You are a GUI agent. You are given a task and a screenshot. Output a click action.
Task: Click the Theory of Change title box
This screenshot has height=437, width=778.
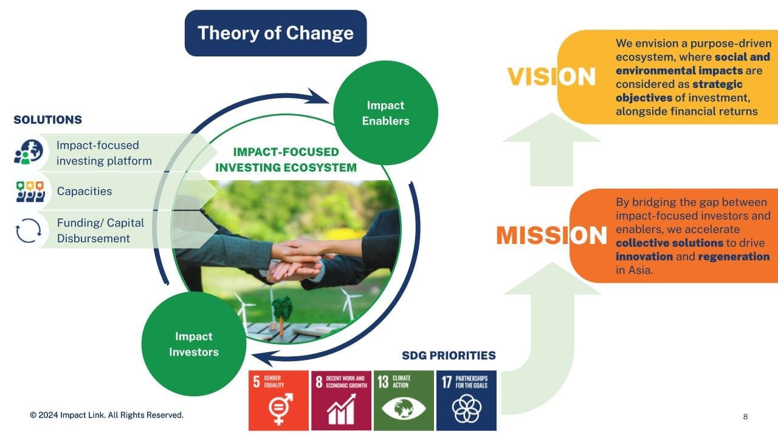point(275,33)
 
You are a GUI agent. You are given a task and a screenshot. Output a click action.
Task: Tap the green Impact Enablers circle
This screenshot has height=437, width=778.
point(385,113)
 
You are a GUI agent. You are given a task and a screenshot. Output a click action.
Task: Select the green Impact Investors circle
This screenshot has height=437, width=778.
point(194,344)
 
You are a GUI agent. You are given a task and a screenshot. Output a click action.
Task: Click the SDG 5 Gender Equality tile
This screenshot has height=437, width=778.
point(278,401)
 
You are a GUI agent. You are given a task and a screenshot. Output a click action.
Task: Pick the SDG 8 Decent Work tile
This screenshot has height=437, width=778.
point(341,401)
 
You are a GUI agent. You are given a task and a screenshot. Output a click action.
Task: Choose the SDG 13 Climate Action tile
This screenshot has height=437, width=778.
point(404,401)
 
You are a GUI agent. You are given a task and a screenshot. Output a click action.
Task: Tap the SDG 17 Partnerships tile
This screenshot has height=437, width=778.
point(466,401)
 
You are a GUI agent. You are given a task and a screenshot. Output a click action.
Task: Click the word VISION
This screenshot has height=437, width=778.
point(551,76)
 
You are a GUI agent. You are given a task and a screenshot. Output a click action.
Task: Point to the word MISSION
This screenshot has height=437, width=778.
point(551,235)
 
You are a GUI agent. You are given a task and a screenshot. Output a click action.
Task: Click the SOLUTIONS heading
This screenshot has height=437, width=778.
point(47,120)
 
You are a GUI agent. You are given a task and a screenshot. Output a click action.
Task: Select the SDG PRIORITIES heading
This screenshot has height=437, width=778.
point(449,356)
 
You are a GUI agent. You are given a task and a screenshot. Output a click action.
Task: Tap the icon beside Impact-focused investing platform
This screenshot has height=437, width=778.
point(29,152)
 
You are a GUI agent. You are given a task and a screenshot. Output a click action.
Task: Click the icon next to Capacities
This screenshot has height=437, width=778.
point(30,191)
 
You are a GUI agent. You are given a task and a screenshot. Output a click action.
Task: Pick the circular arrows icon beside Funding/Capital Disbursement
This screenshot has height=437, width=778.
point(29,230)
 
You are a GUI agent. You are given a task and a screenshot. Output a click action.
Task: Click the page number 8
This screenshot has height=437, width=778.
point(745,416)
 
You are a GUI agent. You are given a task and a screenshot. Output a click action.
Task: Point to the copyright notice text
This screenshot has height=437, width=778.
point(106,415)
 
